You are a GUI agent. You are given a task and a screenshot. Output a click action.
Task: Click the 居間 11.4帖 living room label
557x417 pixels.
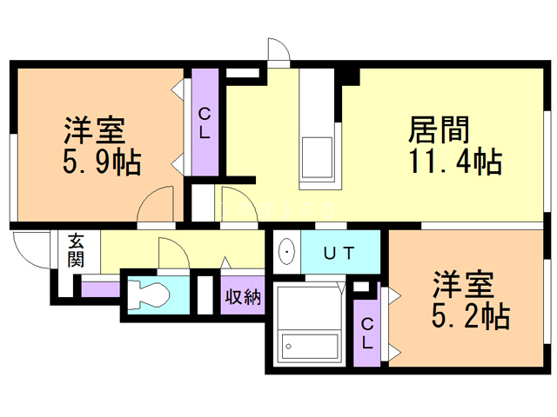(455, 145)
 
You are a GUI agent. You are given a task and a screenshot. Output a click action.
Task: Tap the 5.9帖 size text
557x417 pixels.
(102, 163)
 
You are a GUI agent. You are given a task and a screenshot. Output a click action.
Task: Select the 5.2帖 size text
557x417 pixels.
(471, 315)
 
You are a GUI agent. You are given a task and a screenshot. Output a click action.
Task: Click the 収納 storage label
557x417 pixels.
(243, 296)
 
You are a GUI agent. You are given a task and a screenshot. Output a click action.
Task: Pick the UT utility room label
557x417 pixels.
(339, 253)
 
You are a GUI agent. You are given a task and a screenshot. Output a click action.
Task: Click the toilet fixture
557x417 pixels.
(149, 295)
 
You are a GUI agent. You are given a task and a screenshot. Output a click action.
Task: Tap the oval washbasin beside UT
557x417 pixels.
(286, 253)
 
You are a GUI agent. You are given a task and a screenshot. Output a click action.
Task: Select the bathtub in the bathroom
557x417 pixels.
(310, 347)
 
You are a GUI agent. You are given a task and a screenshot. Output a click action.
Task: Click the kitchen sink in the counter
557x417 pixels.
(317, 157)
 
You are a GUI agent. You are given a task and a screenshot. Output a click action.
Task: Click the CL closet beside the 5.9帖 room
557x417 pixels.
(205, 122)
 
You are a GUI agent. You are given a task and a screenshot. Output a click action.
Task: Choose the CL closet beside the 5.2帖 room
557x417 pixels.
(367, 334)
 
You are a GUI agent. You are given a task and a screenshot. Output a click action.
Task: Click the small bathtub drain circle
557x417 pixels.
(288, 347)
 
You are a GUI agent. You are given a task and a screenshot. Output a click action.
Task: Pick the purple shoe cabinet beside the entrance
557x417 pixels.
(101, 289)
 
